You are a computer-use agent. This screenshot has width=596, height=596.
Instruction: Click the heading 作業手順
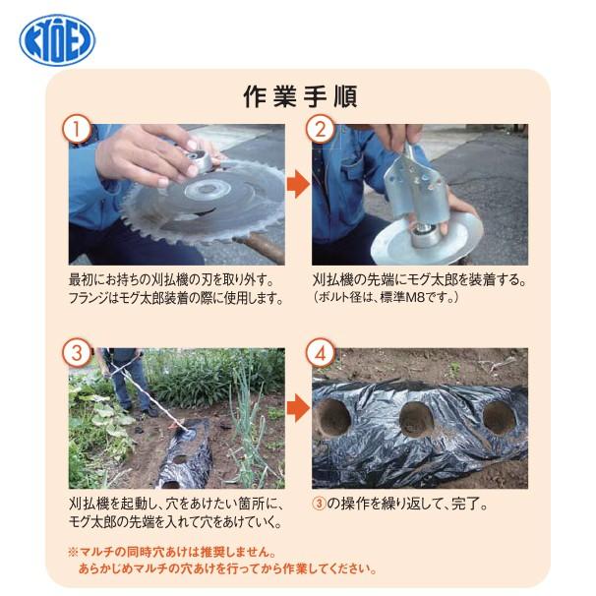(x=298, y=97)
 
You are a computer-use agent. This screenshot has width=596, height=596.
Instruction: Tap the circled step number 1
(x=77, y=129)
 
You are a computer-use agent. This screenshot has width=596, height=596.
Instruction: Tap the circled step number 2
(x=320, y=129)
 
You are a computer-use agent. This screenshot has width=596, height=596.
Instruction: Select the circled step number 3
(x=77, y=352)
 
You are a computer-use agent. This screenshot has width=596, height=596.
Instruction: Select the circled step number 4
(x=320, y=352)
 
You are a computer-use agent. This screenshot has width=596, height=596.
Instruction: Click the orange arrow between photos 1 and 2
(x=297, y=183)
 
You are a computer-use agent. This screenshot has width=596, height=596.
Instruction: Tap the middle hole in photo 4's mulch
(x=412, y=419)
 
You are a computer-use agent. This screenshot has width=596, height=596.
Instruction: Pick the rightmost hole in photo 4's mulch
(x=493, y=415)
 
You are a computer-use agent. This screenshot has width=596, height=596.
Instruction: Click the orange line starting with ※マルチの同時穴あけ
(x=173, y=552)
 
